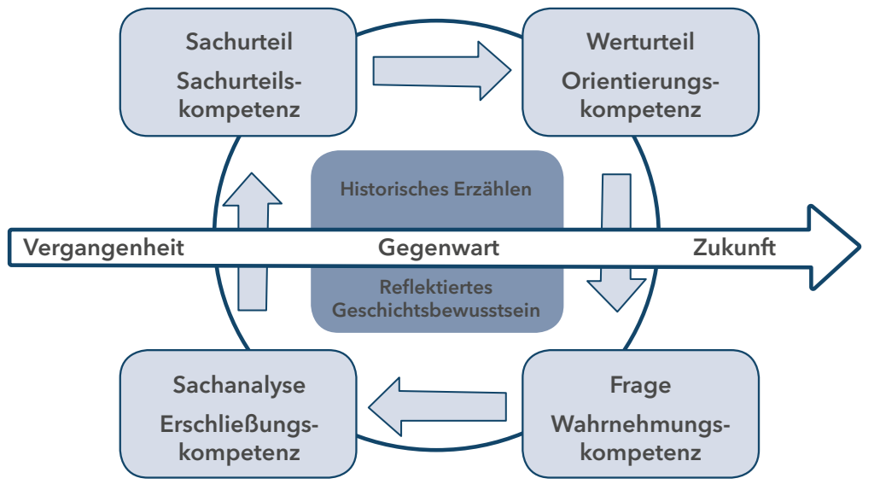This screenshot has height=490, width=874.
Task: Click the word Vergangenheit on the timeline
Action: [x=103, y=248]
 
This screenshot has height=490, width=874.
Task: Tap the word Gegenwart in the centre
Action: [x=438, y=248]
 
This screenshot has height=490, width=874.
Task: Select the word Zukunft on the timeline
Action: [x=734, y=248]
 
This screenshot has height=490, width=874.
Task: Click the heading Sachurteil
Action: [x=238, y=41]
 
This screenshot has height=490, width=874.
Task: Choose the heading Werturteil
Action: [x=640, y=41]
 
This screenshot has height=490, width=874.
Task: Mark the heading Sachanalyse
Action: [x=239, y=385]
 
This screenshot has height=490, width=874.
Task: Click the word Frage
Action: [x=640, y=385]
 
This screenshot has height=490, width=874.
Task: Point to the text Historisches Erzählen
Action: [x=435, y=189]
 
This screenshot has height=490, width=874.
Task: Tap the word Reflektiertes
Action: [x=435, y=288]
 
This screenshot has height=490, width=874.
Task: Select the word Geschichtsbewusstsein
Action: [x=436, y=309]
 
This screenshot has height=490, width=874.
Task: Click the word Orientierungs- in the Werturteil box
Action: [x=640, y=81]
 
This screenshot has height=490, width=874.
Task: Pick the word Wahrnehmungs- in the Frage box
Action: [x=640, y=424]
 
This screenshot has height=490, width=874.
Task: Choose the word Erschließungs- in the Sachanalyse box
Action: [x=239, y=424]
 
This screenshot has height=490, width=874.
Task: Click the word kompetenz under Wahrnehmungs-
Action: [x=640, y=452]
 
